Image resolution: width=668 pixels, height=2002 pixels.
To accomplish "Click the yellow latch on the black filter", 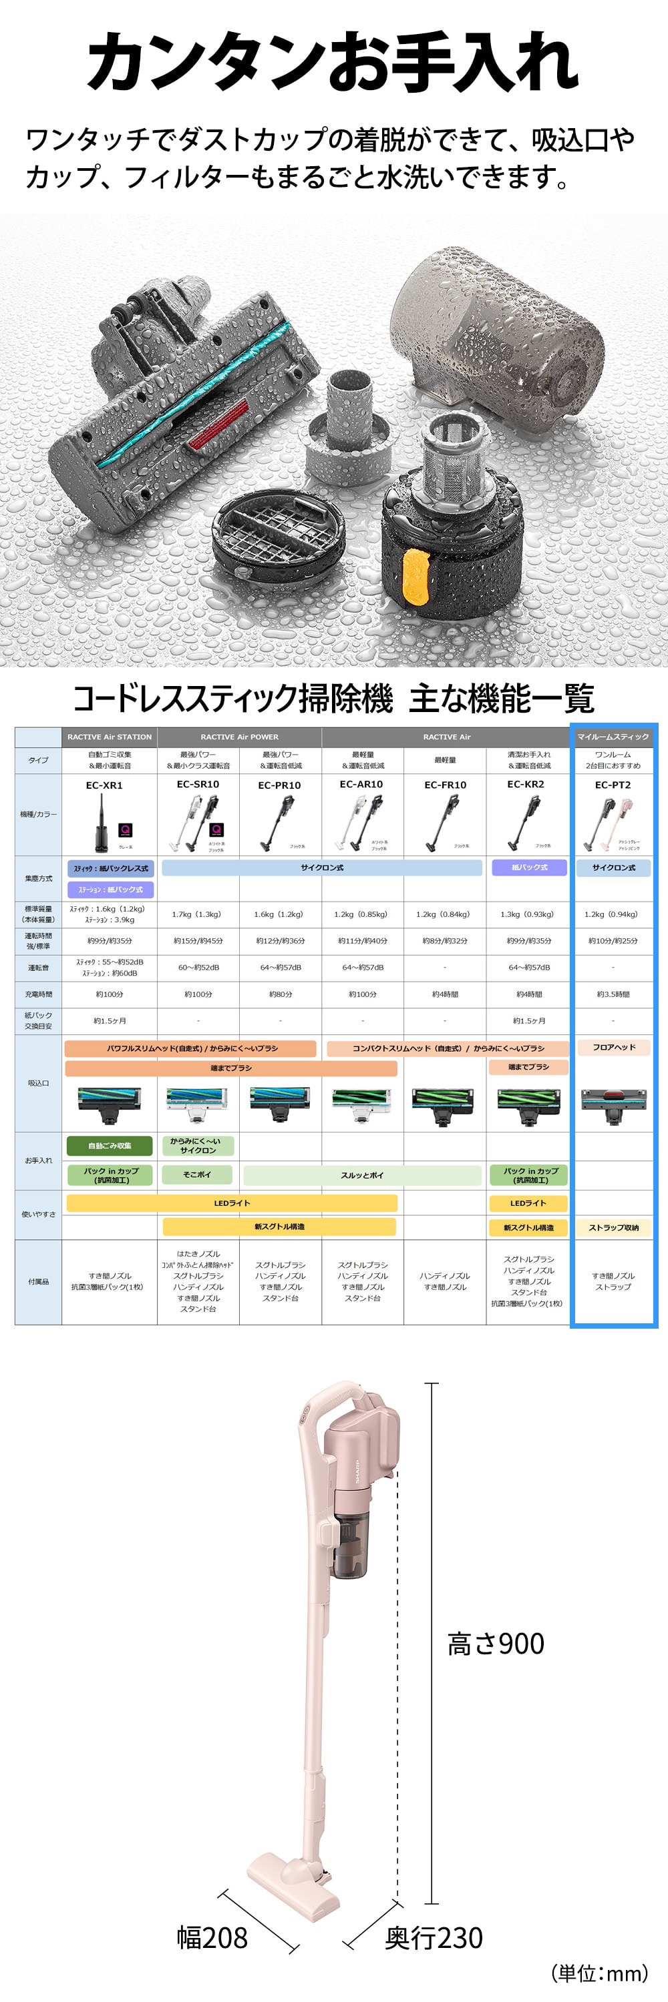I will click(x=415, y=577).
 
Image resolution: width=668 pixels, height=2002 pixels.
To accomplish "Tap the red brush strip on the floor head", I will click(x=220, y=426).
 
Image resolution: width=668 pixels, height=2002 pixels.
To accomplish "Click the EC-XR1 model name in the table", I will click(x=104, y=785).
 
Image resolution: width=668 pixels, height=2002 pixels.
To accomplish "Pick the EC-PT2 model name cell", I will click(x=613, y=785).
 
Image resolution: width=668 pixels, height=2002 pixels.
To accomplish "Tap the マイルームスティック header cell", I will click(x=613, y=737).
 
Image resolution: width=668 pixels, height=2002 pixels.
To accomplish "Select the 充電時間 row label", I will click(x=38, y=994).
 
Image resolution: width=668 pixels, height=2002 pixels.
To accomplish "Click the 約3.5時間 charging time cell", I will click(x=613, y=994).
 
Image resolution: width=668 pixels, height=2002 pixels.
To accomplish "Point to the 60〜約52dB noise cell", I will click(x=198, y=968).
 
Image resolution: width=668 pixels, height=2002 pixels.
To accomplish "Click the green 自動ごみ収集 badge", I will click(x=110, y=1146).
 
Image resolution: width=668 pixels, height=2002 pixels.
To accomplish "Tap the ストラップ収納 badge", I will click(x=613, y=1228).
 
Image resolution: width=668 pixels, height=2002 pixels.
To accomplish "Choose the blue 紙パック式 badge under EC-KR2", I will click(x=530, y=868).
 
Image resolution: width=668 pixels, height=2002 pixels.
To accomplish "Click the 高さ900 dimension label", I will click(x=496, y=1644).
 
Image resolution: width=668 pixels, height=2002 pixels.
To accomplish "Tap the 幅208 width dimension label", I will click(x=212, y=1937).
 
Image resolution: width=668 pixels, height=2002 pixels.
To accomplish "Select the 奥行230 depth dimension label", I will click(x=433, y=1937).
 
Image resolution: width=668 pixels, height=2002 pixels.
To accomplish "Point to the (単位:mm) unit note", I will click(x=599, y=1973).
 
